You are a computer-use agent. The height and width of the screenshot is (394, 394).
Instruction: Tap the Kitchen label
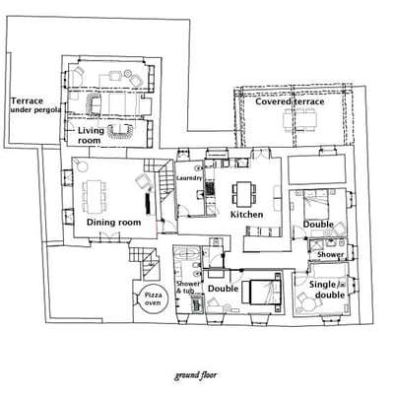coord(246,214)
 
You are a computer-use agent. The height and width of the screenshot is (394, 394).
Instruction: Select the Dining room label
coord(113,223)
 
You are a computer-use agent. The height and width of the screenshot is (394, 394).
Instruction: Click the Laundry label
coord(189,177)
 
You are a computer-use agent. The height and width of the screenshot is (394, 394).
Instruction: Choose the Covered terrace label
coord(289,101)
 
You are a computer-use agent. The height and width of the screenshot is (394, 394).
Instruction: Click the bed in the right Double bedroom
coord(315,204)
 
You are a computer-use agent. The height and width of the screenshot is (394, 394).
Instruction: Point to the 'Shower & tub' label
coord(186,289)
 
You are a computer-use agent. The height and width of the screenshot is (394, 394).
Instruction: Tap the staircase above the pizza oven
coord(147,264)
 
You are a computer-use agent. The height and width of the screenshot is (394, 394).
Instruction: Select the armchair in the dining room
coord(142,180)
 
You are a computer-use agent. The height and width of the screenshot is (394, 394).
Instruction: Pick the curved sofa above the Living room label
coord(95,104)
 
